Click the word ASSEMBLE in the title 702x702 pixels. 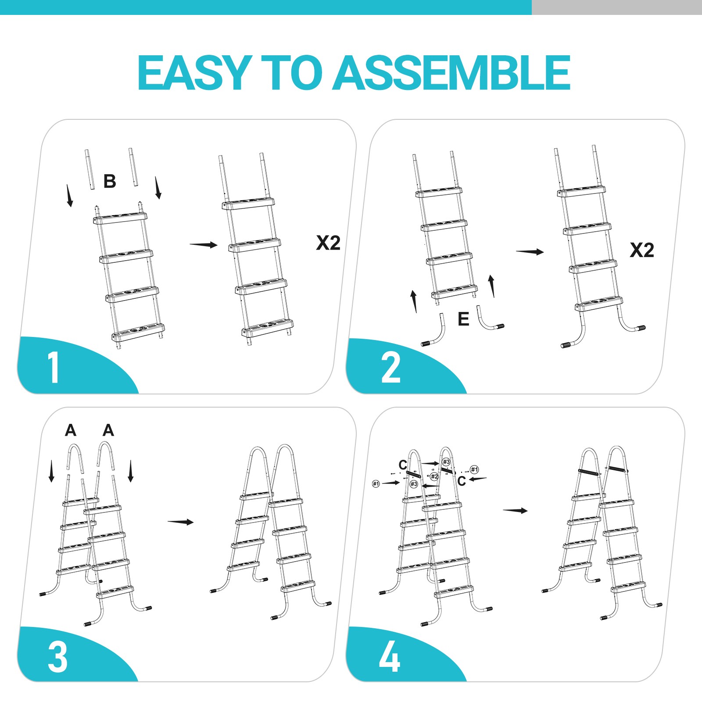[x=452, y=73]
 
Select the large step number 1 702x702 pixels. [x=54, y=368]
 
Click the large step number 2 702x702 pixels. [x=390, y=369]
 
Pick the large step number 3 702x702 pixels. [x=57, y=657]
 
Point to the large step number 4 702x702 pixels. [x=389, y=657]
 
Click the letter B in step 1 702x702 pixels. [x=110, y=181]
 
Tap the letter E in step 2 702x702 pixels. [x=463, y=319]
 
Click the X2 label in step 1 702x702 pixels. [x=328, y=243]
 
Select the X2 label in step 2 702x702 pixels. [x=642, y=251]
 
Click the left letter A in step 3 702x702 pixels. [x=71, y=430]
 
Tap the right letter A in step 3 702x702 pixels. [x=108, y=430]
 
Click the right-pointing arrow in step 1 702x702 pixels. [x=203, y=244]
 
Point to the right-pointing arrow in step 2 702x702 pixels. [x=530, y=251]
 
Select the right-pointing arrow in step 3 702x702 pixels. [x=180, y=522]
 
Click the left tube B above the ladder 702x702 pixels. [x=90, y=169]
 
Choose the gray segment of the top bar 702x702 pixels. [x=616, y=7]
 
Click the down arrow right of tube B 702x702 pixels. [x=158, y=188]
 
